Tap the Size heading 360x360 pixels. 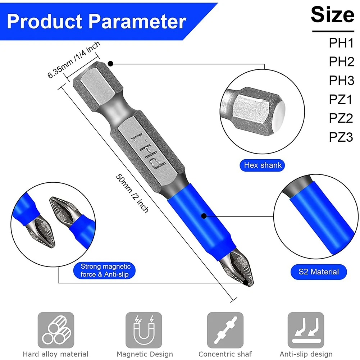(x=333, y=15)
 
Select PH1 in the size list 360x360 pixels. (x=341, y=43)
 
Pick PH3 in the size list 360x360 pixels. (x=341, y=81)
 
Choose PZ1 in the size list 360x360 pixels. (x=341, y=99)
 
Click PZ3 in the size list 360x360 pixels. (x=341, y=137)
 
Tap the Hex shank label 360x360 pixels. (x=263, y=165)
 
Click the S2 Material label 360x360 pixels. (x=319, y=272)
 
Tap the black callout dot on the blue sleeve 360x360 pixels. (x=204, y=216)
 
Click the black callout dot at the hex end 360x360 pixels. (x=111, y=64)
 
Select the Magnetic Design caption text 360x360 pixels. (x=144, y=354)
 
